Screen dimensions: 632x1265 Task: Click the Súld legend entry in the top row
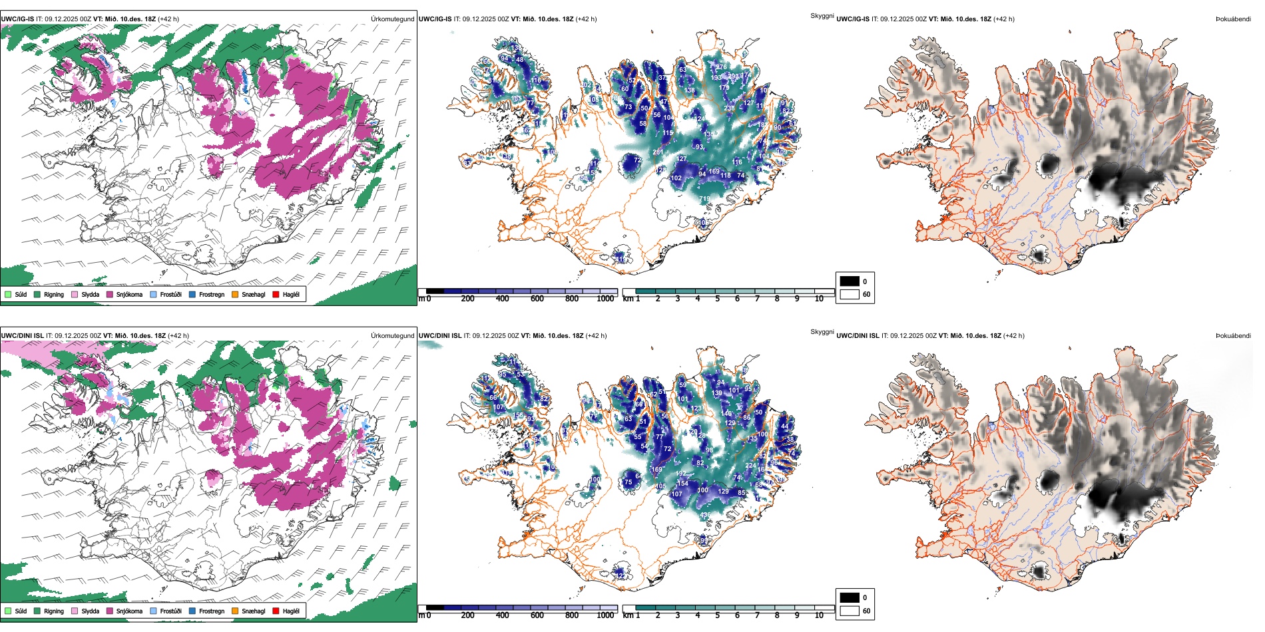[21, 295]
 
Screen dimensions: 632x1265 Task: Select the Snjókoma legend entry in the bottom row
[129, 611]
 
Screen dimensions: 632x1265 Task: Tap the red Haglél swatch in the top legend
[276, 295]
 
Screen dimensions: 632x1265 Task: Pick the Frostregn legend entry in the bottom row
[211, 611]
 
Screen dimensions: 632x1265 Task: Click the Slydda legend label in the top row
[90, 295]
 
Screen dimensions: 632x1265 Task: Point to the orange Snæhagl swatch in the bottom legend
[235, 611]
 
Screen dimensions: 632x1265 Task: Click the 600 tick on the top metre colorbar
[537, 299]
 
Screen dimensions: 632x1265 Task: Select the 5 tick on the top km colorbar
[718, 299]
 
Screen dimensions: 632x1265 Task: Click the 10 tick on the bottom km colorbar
[819, 615]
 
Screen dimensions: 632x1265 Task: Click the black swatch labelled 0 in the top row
[850, 281]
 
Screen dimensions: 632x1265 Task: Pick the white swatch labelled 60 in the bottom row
[850, 611]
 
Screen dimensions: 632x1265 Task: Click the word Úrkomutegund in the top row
[392, 19]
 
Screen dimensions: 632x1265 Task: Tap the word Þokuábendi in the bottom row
[1233, 336]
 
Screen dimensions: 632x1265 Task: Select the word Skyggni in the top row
[822, 16]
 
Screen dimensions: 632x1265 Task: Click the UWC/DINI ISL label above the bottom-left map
[22, 336]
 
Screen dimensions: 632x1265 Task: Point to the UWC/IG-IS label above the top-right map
[853, 19]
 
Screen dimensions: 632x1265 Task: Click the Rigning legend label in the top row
[54, 295]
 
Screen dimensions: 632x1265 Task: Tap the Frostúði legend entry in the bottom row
[170, 611]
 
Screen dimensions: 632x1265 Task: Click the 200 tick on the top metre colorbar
[468, 299]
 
